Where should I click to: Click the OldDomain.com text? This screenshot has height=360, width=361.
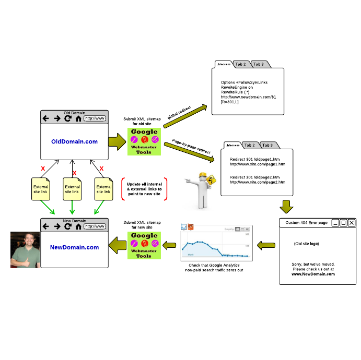click(74, 141)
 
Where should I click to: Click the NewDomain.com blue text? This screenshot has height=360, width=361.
click(74, 247)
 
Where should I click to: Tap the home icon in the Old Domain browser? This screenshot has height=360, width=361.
click(78, 118)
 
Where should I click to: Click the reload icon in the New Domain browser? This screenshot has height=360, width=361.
click(67, 226)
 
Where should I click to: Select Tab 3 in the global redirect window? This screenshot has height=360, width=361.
click(259, 64)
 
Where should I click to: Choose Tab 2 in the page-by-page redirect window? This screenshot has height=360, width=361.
click(249, 145)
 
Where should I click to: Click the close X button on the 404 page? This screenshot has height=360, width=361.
click(352, 223)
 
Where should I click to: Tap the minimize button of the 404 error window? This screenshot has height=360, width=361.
click(335, 223)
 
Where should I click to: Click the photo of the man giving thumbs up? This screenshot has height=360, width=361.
click(25, 250)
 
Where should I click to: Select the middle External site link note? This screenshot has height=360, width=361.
click(72, 189)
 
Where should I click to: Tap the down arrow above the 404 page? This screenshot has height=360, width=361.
click(286, 206)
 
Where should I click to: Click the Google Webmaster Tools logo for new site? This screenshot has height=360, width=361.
click(144, 245)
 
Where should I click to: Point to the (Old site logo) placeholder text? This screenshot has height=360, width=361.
click(306, 244)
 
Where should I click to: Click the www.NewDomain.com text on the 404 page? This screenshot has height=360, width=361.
click(313, 273)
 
